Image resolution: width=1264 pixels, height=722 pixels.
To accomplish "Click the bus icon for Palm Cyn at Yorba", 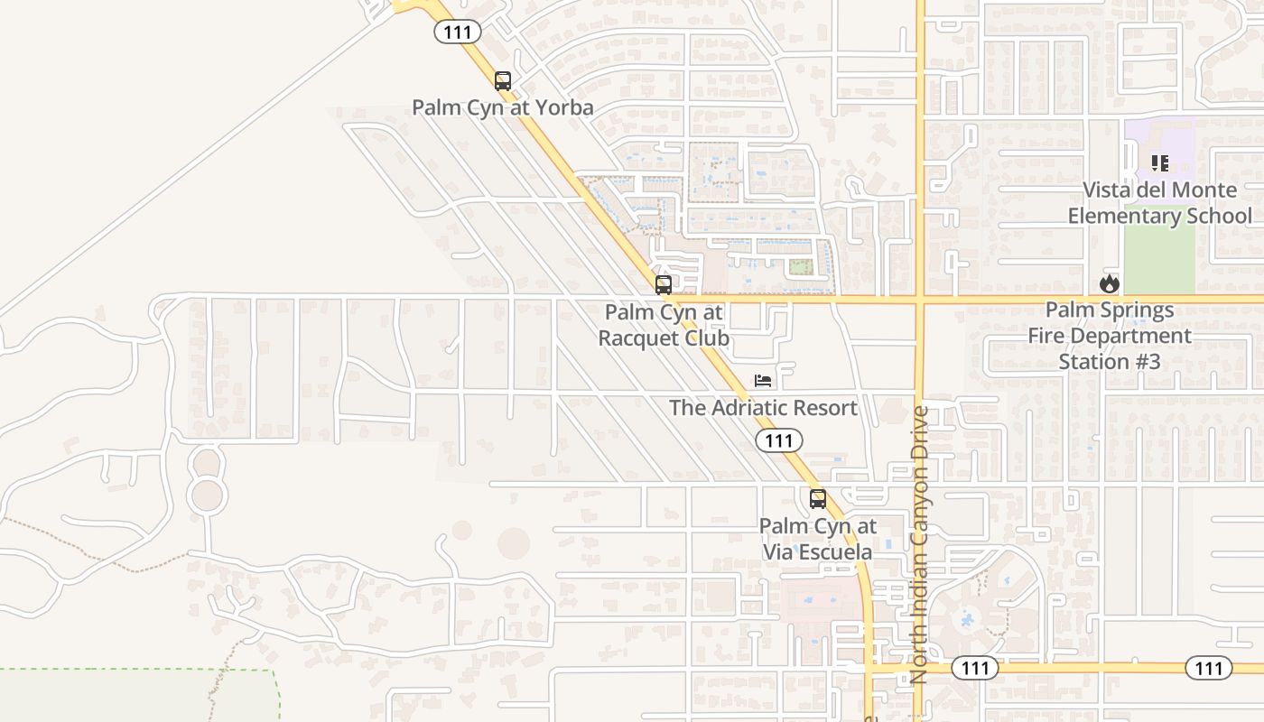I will (503, 80).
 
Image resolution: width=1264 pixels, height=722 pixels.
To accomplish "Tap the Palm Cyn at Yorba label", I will (503, 108).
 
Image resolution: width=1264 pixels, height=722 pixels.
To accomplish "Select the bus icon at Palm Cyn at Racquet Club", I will (664, 285).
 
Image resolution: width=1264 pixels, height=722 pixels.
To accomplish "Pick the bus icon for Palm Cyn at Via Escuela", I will (818, 498).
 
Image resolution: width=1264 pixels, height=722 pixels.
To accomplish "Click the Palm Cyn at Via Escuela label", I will (818, 539).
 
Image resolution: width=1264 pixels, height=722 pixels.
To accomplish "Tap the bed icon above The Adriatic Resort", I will (763, 381).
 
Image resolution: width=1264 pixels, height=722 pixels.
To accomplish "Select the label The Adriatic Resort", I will (763, 408).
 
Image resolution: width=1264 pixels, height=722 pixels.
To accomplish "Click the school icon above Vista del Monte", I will (1160, 163).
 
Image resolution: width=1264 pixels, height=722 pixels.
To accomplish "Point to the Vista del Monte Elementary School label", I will (1160, 203).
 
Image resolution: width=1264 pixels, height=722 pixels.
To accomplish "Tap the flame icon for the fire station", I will (1110, 283).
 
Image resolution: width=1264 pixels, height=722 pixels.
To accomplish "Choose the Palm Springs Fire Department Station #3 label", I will (1110, 336).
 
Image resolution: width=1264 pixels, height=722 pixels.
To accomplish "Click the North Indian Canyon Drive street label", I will (920, 544).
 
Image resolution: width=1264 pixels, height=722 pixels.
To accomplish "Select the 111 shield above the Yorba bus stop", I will (458, 32).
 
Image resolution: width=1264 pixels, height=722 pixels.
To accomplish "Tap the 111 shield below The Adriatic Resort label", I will (778, 440).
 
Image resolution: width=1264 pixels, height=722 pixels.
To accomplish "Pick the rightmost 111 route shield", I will (1208, 668).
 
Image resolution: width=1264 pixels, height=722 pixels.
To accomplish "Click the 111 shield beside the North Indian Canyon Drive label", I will (975, 668).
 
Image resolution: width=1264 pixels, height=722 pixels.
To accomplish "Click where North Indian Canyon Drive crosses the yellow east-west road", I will (920, 298).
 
